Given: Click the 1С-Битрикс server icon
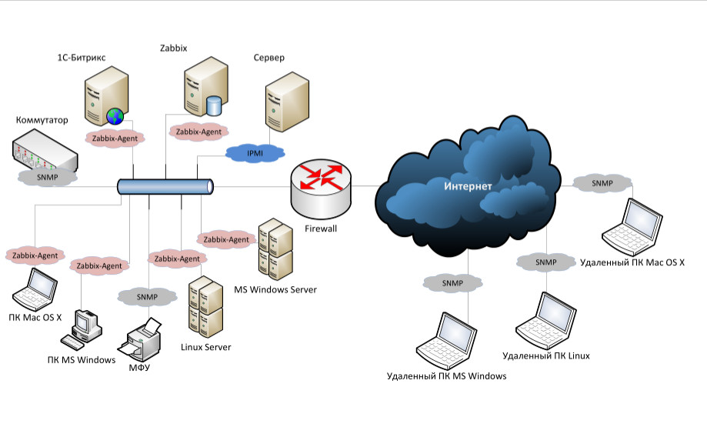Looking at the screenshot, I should pyautogui.click(x=104, y=97).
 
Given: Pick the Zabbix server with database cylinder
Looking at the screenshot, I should pyautogui.click(x=206, y=90).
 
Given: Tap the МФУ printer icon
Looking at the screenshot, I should pyautogui.click(x=143, y=339).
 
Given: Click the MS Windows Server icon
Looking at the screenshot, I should pyautogui.click(x=275, y=249).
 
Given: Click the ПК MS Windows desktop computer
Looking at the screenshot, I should pyautogui.click(x=85, y=330).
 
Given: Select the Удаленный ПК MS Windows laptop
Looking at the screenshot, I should pyautogui.click(x=446, y=339).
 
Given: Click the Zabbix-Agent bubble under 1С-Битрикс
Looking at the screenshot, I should pyautogui.click(x=114, y=138).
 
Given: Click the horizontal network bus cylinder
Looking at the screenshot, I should pyautogui.click(x=165, y=186).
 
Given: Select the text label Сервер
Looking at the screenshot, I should pyautogui.click(x=268, y=58).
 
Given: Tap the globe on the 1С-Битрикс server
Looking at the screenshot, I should pyautogui.click(x=115, y=117).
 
